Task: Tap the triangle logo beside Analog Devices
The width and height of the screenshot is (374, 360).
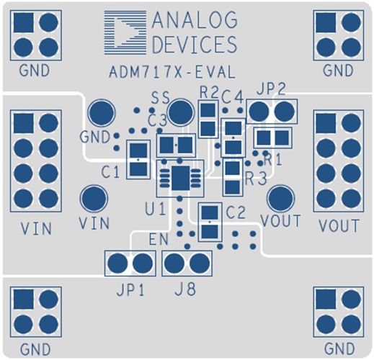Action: pos(127,33)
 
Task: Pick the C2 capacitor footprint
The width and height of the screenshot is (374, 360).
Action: pos(208,222)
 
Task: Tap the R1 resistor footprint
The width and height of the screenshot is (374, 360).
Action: pos(272,137)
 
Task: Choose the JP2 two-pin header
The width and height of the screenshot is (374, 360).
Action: pos(272,112)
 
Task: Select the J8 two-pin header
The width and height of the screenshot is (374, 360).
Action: pos(183,264)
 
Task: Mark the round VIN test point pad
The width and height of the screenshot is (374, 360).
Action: pos(93,198)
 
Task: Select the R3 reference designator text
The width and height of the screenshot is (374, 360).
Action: pos(254,178)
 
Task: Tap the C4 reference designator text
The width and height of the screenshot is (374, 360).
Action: pos(232,95)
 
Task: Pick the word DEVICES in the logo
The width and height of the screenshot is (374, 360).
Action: pos(193,45)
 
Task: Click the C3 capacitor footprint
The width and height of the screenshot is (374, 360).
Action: pos(176,145)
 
